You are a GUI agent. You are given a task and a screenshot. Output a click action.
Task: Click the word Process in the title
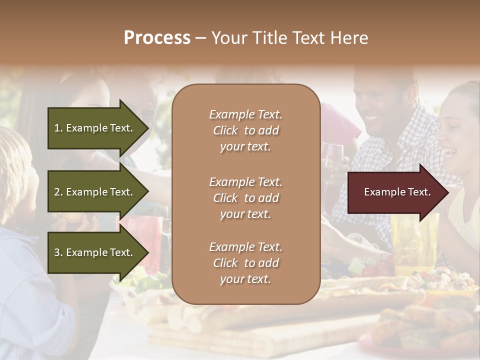pyautogui.click(x=157, y=38)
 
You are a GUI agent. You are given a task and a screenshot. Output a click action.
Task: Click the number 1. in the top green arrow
pyautogui.click(x=58, y=128)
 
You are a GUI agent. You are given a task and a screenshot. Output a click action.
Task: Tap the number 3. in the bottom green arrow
pyautogui.click(x=58, y=252)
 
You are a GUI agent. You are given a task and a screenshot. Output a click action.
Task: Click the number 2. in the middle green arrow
pyautogui.click(x=58, y=192)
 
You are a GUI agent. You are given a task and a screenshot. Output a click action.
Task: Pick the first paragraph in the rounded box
pyautogui.click(x=245, y=130)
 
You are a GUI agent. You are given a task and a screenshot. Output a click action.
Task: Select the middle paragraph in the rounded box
pyautogui.click(x=245, y=198)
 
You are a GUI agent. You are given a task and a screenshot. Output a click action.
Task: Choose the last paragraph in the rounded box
pyautogui.click(x=245, y=263)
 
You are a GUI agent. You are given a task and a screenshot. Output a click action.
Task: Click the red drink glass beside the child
pyautogui.click(x=150, y=240)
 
